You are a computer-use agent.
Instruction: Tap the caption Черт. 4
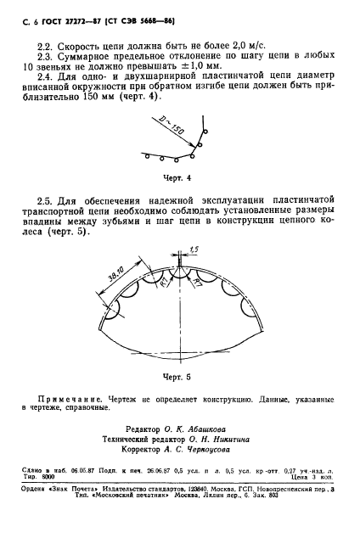tap(179, 178)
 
